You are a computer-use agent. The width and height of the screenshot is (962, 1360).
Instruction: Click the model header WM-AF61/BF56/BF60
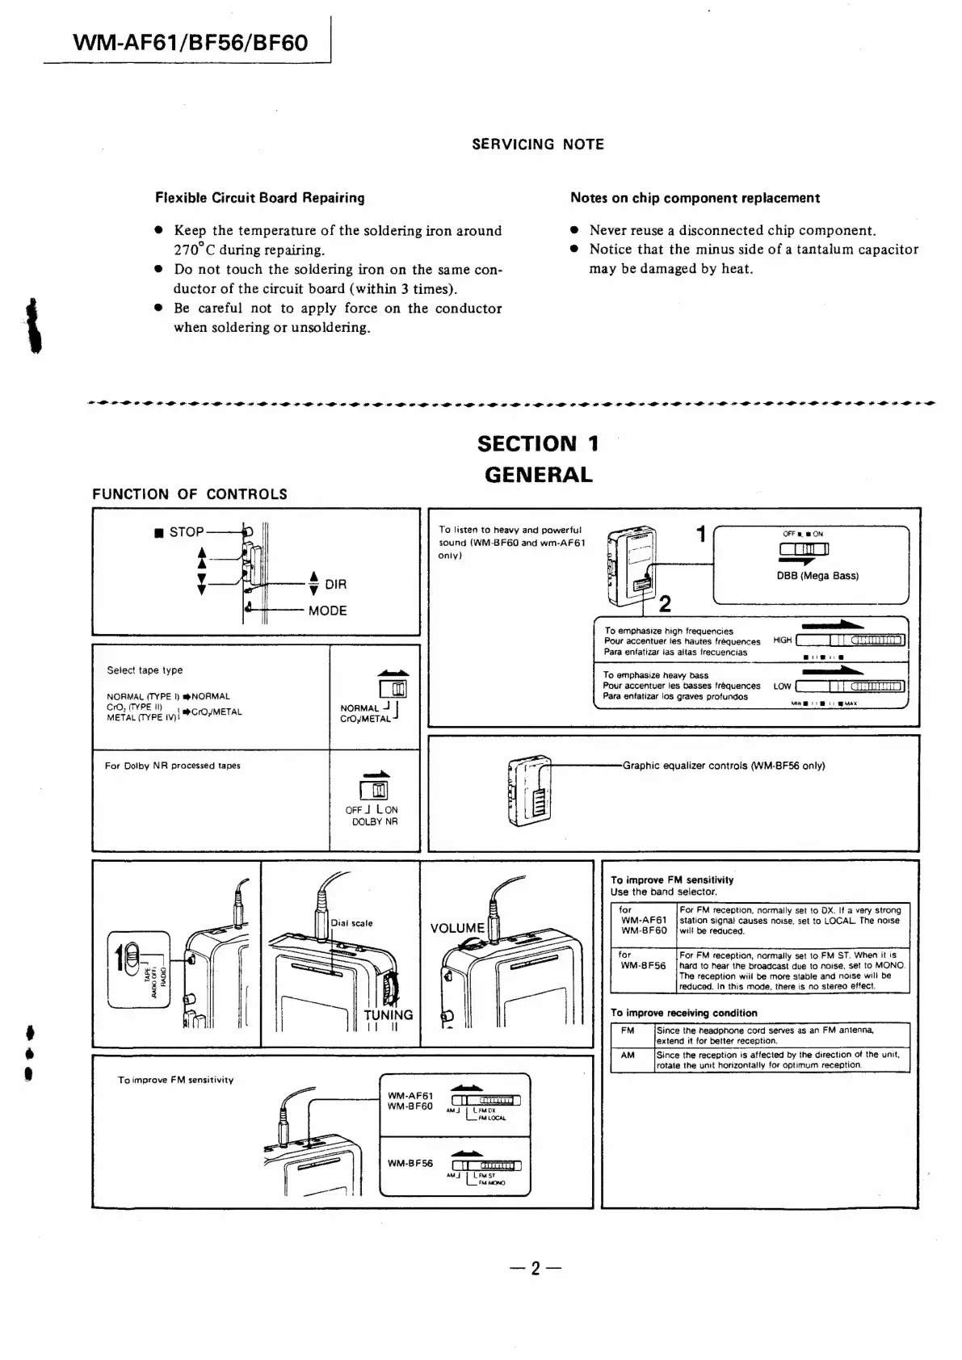[190, 43]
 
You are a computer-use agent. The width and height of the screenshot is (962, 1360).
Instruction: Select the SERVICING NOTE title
[538, 145]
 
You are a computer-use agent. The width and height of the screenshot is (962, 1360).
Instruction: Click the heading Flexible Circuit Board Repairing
[259, 198]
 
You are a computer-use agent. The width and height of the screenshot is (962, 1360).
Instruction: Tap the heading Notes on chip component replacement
[695, 198]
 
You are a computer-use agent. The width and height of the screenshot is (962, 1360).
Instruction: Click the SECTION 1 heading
[538, 443]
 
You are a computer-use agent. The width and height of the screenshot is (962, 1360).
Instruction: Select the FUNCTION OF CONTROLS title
[190, 494]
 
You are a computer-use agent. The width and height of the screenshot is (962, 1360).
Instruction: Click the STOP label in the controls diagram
[186, 531]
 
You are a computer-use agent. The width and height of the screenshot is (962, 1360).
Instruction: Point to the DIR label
[335, 584]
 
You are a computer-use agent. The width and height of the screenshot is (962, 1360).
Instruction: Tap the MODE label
[327, 611]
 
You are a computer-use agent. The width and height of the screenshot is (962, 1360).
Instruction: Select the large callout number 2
[665, 603]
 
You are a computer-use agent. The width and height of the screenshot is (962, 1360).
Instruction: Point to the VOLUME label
[457, 928]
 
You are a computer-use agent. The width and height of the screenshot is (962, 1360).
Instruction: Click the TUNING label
[388, 1015]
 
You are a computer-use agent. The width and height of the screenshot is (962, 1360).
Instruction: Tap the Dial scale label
[352, 923]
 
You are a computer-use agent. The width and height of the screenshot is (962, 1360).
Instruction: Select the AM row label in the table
[628, 1055]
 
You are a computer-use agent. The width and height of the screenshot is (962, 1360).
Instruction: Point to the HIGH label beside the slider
[782, 640]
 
